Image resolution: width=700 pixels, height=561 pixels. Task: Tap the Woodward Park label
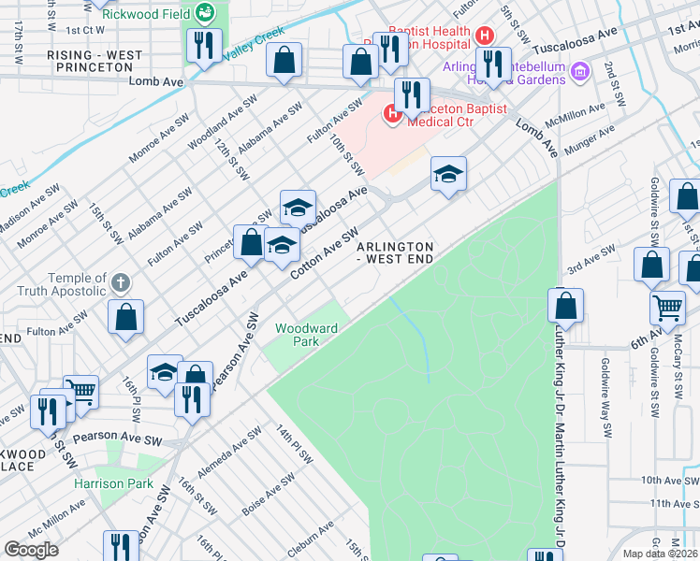pyautogui.click(x=298, y=335)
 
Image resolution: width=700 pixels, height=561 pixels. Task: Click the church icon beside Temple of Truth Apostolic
pyautogui.click(x=119, y=282)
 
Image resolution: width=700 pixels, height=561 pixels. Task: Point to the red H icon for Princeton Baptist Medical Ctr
pyautogui.click(x=392, y=115)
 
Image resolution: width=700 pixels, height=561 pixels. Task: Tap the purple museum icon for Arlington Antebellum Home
pyautogui.click(x=579, y=71)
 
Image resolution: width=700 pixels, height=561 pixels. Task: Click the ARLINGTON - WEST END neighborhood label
pyautogui.click(x=395, y=252)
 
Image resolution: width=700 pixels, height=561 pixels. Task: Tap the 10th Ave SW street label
pyautogui.click(x=665, y=480)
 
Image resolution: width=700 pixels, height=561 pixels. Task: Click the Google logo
pyautogui.click(x=31, y=549)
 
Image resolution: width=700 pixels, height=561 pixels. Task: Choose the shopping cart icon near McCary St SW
pyautogui.click(x=666, y=305)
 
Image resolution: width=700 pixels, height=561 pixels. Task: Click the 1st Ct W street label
pyautogui.click(x=84, y=30)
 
